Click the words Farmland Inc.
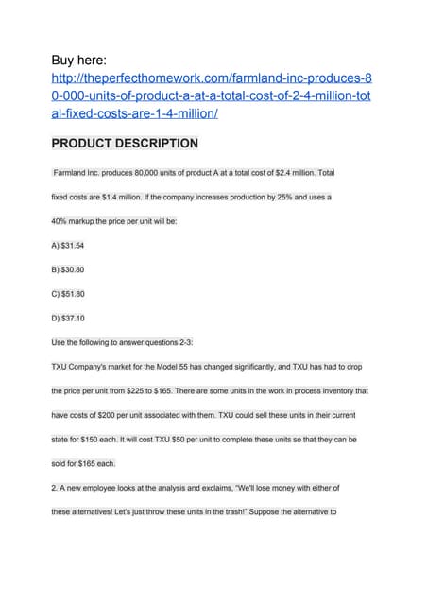(74, 173)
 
